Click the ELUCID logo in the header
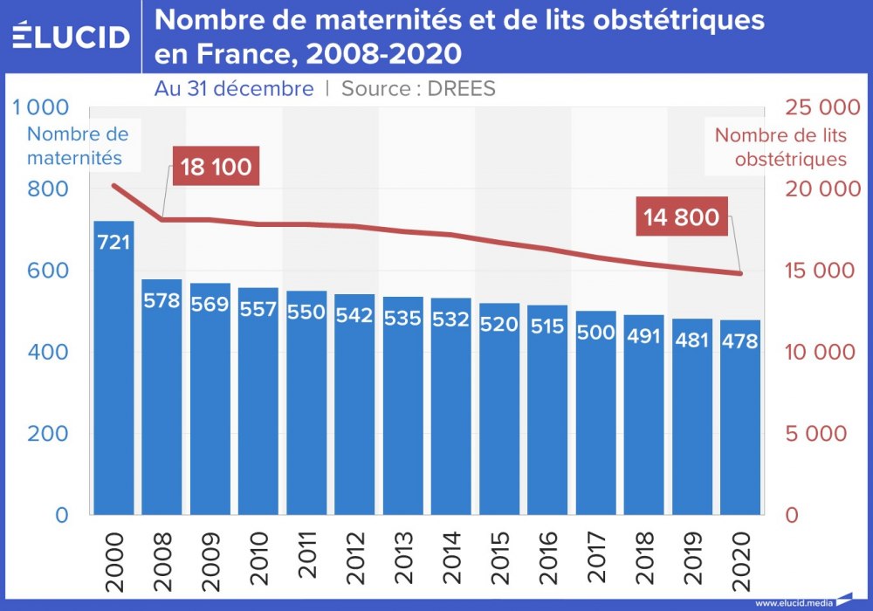pyautogui.click(x=72, y=36)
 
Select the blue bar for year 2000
pyautogui.click(x=113, y=367)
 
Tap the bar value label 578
pyautogui.click(x=162, y=302)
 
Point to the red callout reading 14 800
pyautogui.click(x=682, y=216)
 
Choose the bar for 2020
pyautogui.click(x=740, y=419)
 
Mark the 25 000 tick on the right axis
pyautogui.click(x=818, y=108)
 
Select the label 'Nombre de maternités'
pyautogui.click(x=78, y=146)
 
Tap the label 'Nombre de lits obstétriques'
pyautogui.click(x=780, y=148)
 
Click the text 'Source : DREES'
pyautogui.click(x=418, y=88)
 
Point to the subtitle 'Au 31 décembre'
pyautogui.click(x=234, y=88)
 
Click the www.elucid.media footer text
pyautogui.click(x=793, y=602)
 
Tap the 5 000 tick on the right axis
pyautogui.click(x=818, y=434)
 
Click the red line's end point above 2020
pyautogui.click(x=740, y=274)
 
